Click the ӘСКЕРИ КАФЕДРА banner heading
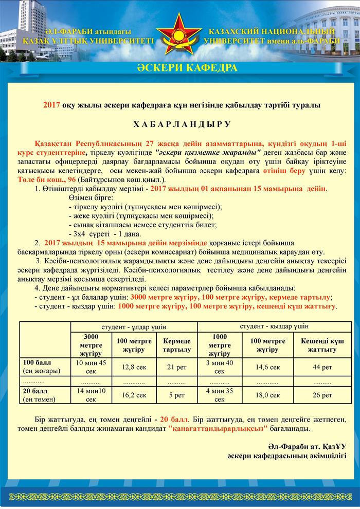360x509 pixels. tap(180, 68)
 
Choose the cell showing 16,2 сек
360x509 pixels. tap(130, 395)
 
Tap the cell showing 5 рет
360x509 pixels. tap(176, 395)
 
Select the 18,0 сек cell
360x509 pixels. tap(267, 395)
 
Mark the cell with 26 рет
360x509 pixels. tap(322, 395)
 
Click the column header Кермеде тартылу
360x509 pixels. tap(176, 345)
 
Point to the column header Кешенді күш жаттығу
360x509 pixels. tap(322, 345)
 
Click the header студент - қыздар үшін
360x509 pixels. tap(274, 326)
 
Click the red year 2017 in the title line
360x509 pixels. tap(52, 104)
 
